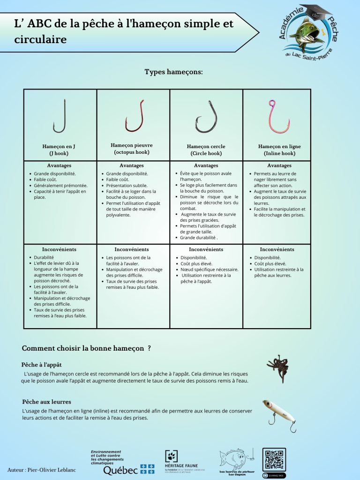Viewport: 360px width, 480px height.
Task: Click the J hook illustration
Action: click(60, 116)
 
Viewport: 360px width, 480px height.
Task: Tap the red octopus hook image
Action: click(134, 116)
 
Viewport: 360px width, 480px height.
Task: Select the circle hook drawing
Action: click(206, 117)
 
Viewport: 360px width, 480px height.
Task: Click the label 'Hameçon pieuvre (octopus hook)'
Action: click(132, 149)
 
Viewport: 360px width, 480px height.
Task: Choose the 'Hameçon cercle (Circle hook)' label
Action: click(206, 150)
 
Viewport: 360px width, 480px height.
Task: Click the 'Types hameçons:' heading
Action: click(173, 72)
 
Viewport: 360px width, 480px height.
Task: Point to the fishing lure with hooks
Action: click(279, 415)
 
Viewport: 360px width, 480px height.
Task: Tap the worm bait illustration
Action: click(277, 368)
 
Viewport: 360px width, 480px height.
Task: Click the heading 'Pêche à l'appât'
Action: click(41, 365)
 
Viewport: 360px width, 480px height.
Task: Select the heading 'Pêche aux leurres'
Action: click(46, 402)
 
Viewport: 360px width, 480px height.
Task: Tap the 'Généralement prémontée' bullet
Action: click(60, 186)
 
